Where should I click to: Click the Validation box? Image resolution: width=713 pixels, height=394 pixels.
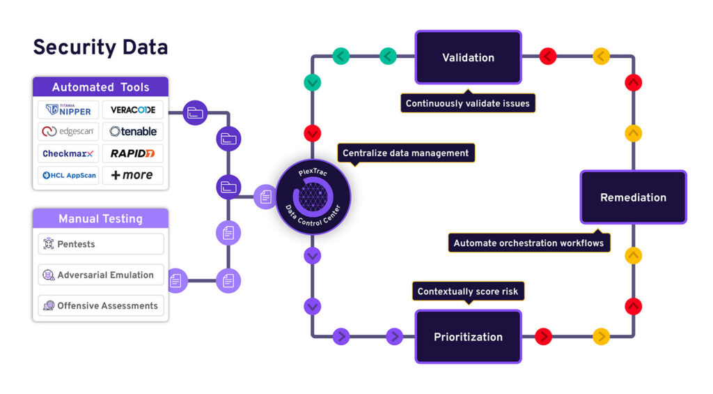468,57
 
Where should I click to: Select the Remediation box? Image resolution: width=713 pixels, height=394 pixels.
633,197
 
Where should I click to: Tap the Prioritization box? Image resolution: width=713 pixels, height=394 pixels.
468,337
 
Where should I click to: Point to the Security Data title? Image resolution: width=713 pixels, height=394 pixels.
100,47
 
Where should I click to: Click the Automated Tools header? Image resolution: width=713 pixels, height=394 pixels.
100,87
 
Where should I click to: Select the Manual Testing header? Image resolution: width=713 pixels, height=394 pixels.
100,218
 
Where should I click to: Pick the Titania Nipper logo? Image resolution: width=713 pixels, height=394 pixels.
68,109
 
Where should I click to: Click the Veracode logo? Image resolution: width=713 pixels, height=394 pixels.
133,109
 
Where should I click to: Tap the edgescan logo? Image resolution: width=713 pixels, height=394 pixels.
68,131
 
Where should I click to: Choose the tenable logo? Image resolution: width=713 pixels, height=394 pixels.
133,131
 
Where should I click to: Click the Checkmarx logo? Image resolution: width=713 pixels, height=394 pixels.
68,153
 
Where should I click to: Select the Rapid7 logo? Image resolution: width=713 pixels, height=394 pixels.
133,153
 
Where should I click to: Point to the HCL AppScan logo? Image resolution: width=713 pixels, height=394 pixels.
68,175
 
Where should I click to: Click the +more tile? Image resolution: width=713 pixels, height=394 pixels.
133,175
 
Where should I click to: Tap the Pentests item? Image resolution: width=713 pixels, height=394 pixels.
100,244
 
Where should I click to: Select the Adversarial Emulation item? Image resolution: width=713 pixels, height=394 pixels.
100,275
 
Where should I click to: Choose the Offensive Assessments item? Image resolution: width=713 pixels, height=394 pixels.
100,305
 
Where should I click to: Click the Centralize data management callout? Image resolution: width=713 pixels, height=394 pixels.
405,153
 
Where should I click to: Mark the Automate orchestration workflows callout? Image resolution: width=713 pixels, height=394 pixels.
528,243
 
